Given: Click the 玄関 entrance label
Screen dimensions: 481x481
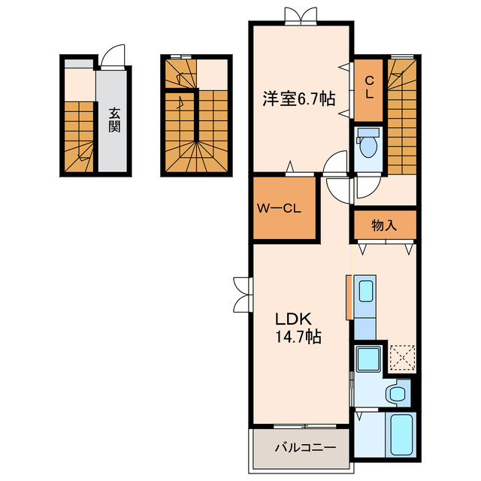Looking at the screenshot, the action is coord(114,120).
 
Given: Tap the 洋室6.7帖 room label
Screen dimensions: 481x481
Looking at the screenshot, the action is coord(299,98).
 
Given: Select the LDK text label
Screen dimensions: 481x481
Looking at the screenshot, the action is coord(294,319).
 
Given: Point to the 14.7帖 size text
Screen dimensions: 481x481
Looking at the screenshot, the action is coord(298,337).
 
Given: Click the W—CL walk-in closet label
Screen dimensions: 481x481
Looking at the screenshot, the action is coord(279,209).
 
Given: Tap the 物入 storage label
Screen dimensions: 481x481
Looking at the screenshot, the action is coord(384,225).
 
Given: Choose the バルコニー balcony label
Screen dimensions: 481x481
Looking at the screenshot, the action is coord(305,448).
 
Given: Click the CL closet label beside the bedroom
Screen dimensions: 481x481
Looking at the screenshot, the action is coord(369,87).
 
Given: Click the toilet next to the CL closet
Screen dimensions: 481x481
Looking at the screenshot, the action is coord(368,142).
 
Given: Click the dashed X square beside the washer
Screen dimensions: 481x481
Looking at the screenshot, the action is coord(402,358).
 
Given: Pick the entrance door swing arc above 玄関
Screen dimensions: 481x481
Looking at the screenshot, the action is coord(113,55).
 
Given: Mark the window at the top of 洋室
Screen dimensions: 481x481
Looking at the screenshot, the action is coord(301,16).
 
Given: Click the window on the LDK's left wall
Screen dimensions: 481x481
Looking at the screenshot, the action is coord(244,295).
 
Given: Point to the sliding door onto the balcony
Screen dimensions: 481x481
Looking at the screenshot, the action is coord(305,426).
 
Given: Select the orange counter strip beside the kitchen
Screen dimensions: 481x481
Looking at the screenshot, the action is coord(349,298).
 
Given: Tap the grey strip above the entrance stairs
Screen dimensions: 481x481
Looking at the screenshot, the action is coord(79,64).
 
